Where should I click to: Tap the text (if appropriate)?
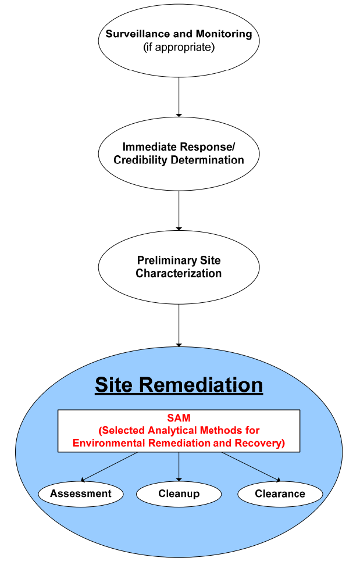[x=179, y=48]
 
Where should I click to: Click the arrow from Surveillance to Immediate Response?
[x=179, y=96]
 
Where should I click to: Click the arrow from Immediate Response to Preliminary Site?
[x=179, y=210]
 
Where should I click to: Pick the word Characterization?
[x=179, y=273]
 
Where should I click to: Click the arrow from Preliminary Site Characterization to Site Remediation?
[x=179, y=325]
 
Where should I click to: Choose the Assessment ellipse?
[x=81, y=494]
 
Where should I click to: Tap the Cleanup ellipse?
[x=179, y=494]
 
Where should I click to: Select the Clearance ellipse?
[x=280, y=494]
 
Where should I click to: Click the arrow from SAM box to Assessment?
[x=111, y=467]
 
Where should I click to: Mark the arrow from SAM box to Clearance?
[x=250, y=467]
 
